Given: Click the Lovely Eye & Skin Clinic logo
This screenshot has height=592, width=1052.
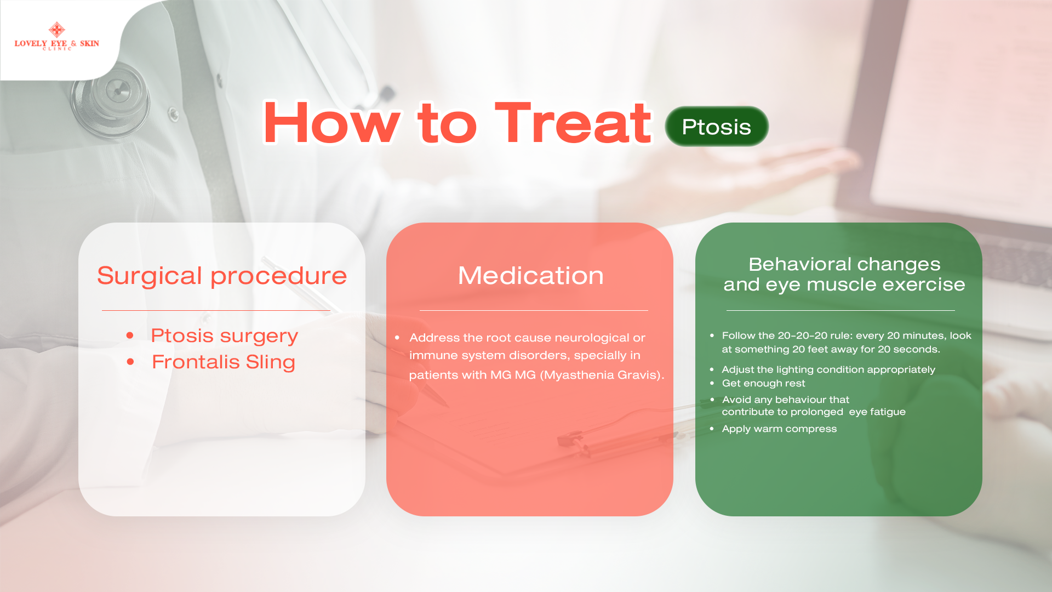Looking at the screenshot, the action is click(57, 36).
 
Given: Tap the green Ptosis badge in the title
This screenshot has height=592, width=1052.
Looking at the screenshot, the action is click(717, 127).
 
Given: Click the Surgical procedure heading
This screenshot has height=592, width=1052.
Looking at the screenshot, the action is click(222, 275).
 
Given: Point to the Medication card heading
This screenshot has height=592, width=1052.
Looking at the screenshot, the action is click(531, 275).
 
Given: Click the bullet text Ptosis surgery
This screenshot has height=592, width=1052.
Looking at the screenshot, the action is click(225, 335).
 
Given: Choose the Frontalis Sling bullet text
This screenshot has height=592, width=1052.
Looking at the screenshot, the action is click(224, 362).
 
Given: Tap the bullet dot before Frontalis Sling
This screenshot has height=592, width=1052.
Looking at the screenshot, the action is click(130, 362).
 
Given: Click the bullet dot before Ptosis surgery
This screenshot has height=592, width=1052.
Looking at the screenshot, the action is click(130, 335).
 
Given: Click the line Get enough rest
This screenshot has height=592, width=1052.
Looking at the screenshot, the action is click(763, 383).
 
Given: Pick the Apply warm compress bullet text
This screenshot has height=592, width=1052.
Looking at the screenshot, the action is click(779, 429).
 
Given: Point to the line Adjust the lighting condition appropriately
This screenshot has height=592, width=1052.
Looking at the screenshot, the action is click(828, 369).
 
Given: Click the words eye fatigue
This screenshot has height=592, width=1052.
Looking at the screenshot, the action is click(877, 412).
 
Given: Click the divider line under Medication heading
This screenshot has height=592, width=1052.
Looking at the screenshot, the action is click(534, 311).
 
